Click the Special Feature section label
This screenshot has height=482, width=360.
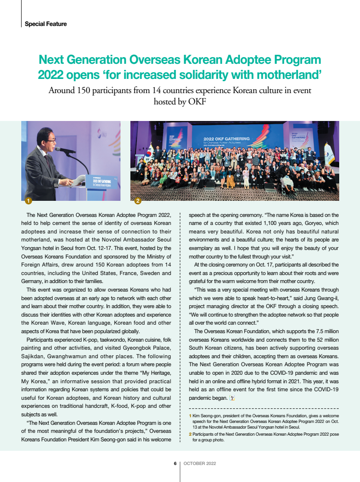45,24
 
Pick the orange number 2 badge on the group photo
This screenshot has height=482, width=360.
137,201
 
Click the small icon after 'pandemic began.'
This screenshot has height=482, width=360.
232,397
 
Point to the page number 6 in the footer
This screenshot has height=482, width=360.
175,464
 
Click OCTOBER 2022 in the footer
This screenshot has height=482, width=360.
199,464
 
